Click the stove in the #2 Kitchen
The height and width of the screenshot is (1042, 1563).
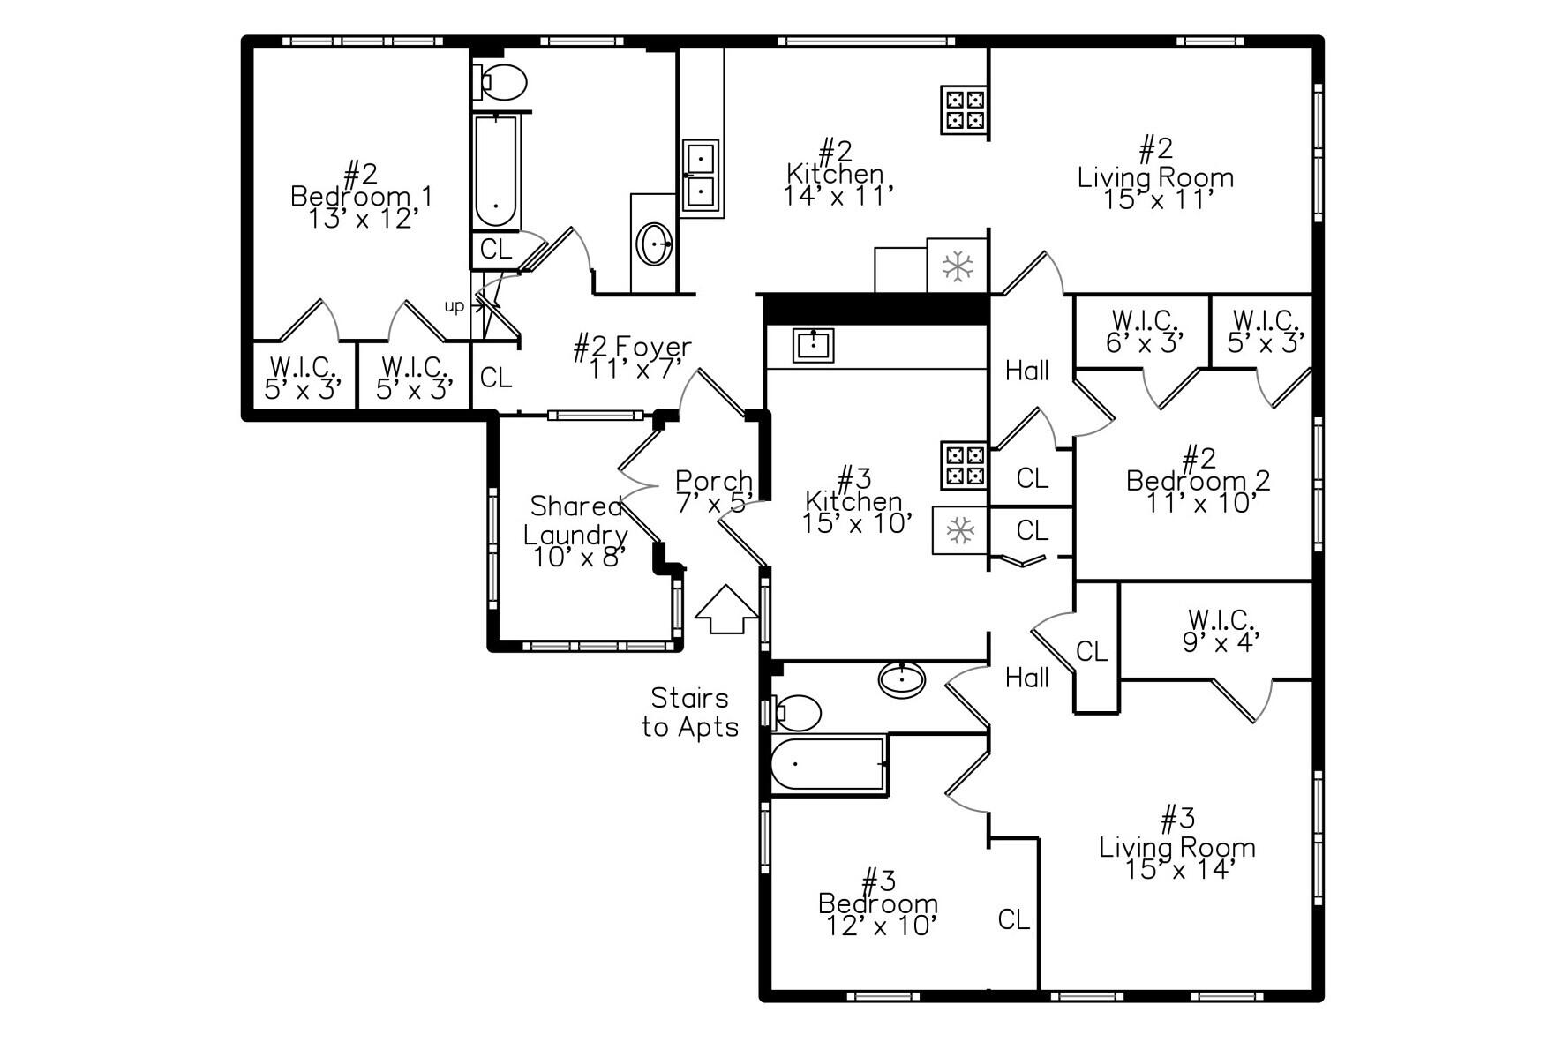[x=963, y=109]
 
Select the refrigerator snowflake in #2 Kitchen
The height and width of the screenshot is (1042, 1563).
[x=958, y=266]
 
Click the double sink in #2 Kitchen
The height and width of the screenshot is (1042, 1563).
[x=701, y=176]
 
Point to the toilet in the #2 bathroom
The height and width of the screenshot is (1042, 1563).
[x=501, y=82]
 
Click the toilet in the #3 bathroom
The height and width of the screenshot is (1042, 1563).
[x=797, y=713]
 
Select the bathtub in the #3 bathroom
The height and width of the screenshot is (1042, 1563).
[x=827, y=765]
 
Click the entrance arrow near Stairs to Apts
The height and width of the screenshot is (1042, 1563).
[x=727, y=610]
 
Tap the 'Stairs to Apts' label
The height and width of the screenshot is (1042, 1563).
[x=690, y=713]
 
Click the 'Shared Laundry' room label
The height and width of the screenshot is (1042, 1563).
[x=576, y=521]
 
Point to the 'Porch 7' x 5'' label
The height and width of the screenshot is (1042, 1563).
[x=713, y=491]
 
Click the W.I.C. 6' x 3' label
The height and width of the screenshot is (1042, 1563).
[x=1144, y=331]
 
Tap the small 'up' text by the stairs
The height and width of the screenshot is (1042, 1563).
[x=454, y=306]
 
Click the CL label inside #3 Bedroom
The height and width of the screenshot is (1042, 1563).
[x=1013, y=920]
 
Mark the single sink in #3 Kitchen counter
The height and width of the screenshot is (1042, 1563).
[x=812, y=345]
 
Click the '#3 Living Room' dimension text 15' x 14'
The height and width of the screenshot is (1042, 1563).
[x=1177, y=870]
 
